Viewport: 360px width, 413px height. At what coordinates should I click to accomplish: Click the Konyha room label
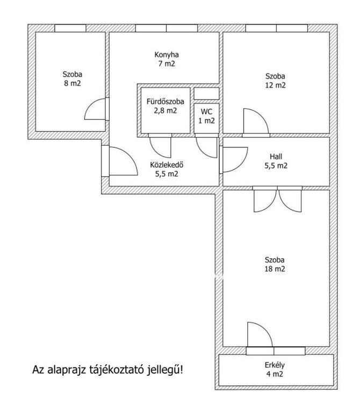click(x=167, y=55)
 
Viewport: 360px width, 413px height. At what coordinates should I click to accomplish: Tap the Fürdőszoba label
click(x=165, y=102)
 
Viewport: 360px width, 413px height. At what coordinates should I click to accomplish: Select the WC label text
click(x=206, y=112)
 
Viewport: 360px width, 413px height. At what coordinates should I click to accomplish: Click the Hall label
click(x=276, y=156)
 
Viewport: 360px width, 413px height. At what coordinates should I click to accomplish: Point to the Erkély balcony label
click(x=275, y=365)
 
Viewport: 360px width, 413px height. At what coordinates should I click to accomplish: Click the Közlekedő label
click(x=167, y=165)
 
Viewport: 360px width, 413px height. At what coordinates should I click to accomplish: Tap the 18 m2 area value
click(x=275, y=269)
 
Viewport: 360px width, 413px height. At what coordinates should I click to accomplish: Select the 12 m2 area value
click(x=275, y=86)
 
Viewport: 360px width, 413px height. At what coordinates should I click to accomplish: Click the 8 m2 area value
click(x=73, y=83)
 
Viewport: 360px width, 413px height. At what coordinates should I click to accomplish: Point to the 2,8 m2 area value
click(x=165, y=111)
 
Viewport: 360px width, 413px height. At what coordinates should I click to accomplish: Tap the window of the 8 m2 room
click(x=70, y=28)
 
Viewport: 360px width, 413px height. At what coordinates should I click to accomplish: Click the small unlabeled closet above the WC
click(x=206, y=94)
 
